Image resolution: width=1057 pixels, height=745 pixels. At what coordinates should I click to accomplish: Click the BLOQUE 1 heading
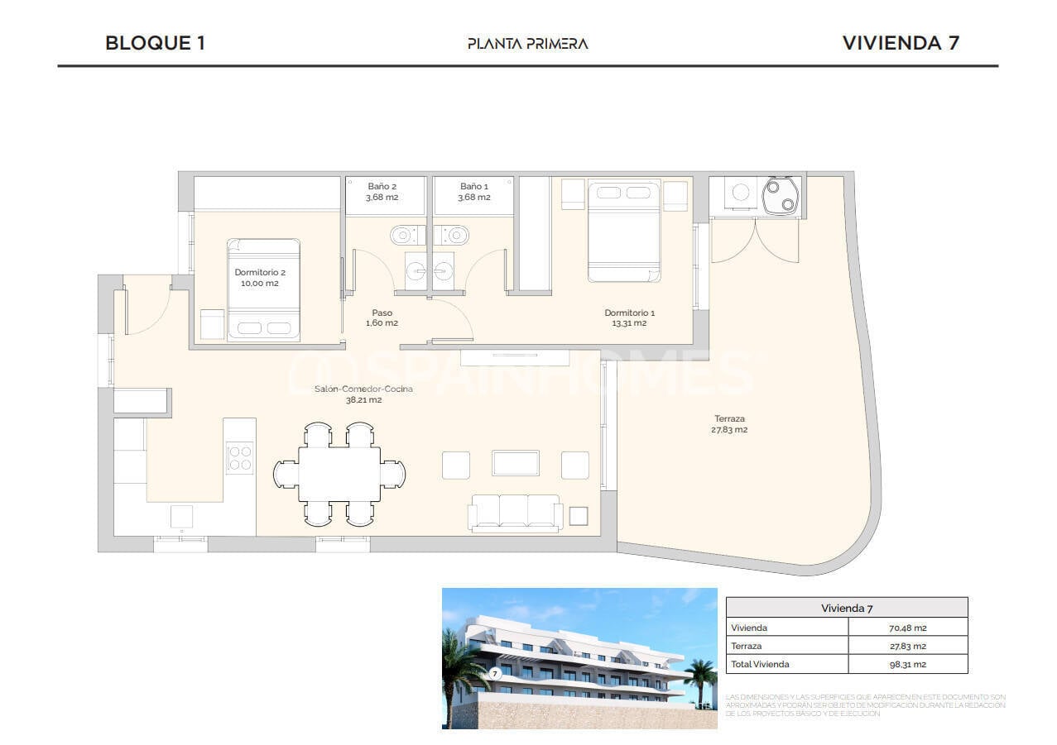click(155, 43)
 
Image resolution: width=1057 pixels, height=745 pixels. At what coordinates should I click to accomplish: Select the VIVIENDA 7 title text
click(901, 43)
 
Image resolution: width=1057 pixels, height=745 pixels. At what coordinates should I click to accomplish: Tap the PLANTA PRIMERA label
click(527, 44)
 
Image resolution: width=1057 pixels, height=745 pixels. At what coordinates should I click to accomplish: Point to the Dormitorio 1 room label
click(629, 318)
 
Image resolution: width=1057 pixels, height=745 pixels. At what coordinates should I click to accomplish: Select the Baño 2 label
click(382, 192)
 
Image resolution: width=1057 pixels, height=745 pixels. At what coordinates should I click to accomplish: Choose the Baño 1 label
click(474, 192)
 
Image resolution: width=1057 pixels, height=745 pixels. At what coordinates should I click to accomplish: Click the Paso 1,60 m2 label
click(382, 318)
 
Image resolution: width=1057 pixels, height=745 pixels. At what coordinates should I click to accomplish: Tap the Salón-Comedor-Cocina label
click(363, 394)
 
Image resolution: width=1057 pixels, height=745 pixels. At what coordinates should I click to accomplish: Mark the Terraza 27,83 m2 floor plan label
click(729, 423)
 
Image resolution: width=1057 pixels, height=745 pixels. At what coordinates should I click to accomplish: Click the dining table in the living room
click(339, 474)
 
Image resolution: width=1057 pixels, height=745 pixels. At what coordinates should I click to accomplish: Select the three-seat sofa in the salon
click(515, 512)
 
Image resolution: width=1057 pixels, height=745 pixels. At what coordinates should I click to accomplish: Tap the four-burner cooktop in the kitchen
click(240, 458)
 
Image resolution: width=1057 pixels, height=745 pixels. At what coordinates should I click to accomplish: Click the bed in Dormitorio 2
click(263, 289)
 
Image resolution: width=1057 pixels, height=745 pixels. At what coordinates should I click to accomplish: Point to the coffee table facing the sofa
click(516, 463)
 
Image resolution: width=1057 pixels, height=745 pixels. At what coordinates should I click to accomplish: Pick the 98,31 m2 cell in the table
click(907, 664)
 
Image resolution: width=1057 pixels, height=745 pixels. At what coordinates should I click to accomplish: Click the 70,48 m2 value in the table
click(907, 628)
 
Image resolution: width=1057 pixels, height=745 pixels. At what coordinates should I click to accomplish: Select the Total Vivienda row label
click(760, 664)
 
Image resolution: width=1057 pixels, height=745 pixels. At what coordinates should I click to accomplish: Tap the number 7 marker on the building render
click(495, 673)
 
